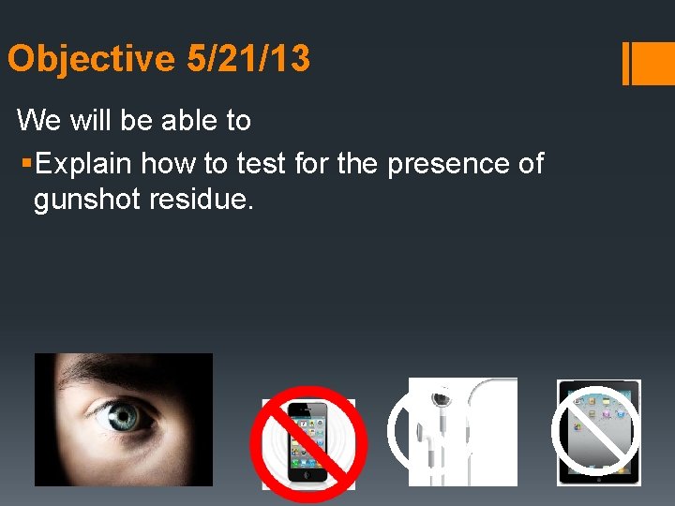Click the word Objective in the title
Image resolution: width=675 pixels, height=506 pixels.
pos(91,60)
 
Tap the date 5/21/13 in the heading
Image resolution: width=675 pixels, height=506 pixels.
pos(248,60)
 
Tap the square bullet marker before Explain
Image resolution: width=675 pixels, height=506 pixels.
pos(25,164)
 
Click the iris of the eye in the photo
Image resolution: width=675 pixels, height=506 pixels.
pos(121,418)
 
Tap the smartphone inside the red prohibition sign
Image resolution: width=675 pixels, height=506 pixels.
pos(307,444)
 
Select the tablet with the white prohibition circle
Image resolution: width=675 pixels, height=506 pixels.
pos(599,431)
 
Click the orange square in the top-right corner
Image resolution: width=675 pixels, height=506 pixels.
pos(654,63)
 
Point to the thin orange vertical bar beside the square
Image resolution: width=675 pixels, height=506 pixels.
pos(626,63)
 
